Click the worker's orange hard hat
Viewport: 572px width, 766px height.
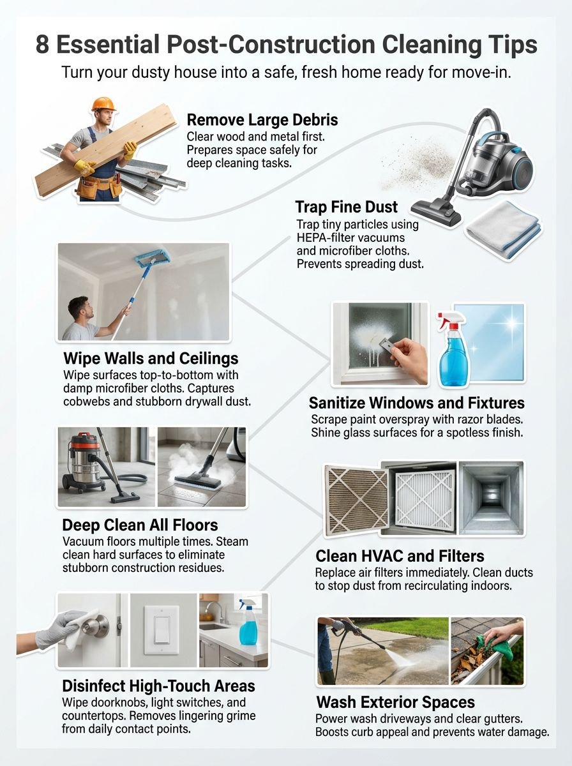[x=102, y=104]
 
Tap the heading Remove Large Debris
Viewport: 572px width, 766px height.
[x=262, y=120]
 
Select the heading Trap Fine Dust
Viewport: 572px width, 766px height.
[x=346, y=207]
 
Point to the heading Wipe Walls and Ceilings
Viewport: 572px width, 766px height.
[x=151, y=357]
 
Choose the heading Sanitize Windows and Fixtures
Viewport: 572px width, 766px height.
[x=416, y=403]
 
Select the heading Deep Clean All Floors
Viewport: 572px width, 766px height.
[x=140, y=525]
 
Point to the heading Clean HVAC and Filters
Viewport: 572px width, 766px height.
[x=400, y=555]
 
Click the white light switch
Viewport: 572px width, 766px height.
[x=161, y=629]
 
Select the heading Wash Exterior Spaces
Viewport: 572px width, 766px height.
[x=395, y=703]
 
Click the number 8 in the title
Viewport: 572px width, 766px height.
[x=41, y=45]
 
